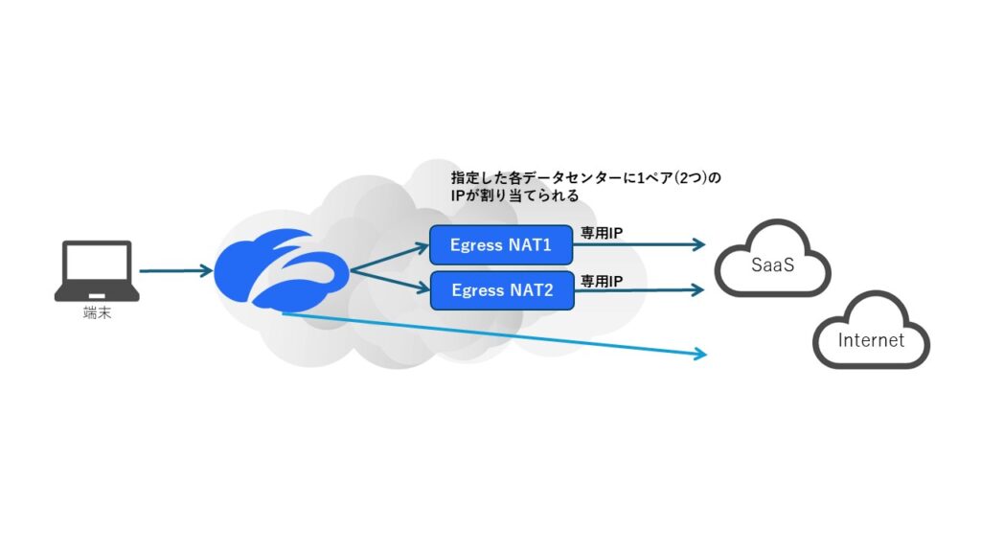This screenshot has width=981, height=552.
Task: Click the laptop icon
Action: click(x=97, y=270)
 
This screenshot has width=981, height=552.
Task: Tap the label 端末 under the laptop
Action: click(x=97, y=312)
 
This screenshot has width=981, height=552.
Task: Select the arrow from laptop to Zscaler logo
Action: click(x=175, y=271)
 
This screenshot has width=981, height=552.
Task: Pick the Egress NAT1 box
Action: click(x=501, y=245)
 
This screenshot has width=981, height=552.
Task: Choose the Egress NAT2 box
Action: click(x=501, y=289)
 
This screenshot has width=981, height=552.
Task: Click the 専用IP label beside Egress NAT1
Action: click(x=603, y=233)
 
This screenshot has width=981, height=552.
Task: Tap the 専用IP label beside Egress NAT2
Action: click(x=603, y=281)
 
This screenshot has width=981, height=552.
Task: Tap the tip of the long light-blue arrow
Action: click(x=704, y=355)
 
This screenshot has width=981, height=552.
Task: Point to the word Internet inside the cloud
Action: click(x=871, y=340)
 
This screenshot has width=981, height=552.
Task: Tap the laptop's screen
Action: click(x=97, y=264)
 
